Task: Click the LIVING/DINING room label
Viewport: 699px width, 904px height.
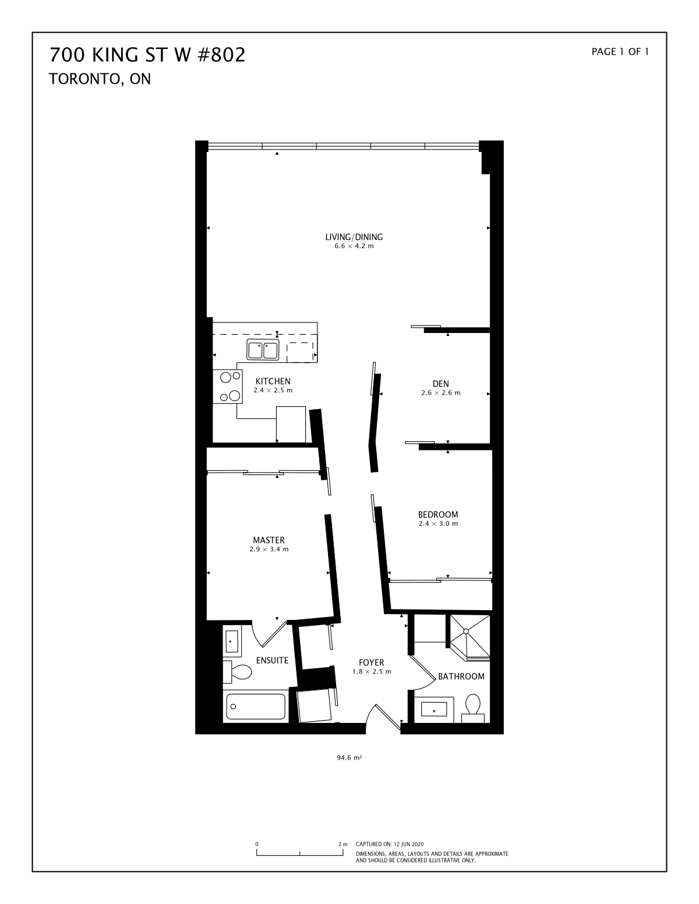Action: (354, 237)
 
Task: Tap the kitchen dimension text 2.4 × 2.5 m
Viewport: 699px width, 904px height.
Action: (273, 391)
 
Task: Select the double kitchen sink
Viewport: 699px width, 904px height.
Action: (263, 350)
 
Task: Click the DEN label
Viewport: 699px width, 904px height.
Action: (441, 384)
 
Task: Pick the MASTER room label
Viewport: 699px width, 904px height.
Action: (269, 540)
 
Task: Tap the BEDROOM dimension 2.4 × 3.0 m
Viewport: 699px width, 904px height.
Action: (439, 524)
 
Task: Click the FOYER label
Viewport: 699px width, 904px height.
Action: (372, 662)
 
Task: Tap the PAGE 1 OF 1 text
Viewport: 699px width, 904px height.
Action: (620, 52)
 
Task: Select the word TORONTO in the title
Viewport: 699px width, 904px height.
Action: (86, 79)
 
